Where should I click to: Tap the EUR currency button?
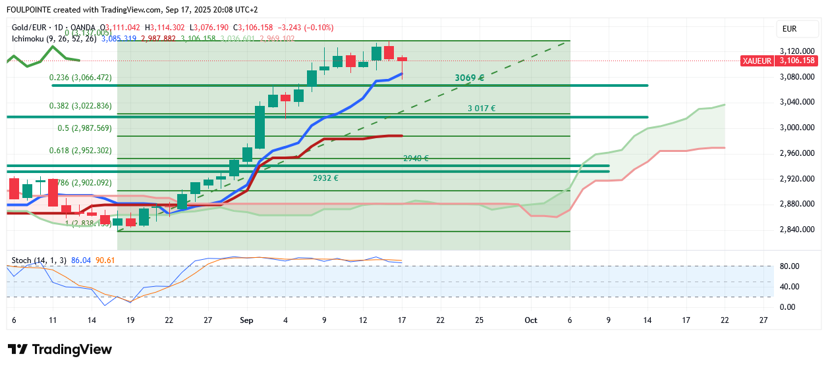pyautogui.click(x=789, y=29)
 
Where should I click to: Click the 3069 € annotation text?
pyautogui.click(x=469, y=78)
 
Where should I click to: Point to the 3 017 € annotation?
pyautogui.click(x=482, y=109)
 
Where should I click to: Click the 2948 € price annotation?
pyautogui.click(x=416, y=159)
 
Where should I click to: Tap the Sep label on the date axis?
pyautogui.click(x=247, y=320)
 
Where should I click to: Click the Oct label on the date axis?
pyautogui.click(x=531, y=320)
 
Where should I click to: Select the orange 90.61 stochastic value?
pyautogui.click(x=105, y=260)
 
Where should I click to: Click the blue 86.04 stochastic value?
pyautogui.click(x=80, y=260)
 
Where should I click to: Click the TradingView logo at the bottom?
pyautogui.click(x=59, y=349)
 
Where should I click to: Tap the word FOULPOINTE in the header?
pyautogui.click(x=30, y=10)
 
